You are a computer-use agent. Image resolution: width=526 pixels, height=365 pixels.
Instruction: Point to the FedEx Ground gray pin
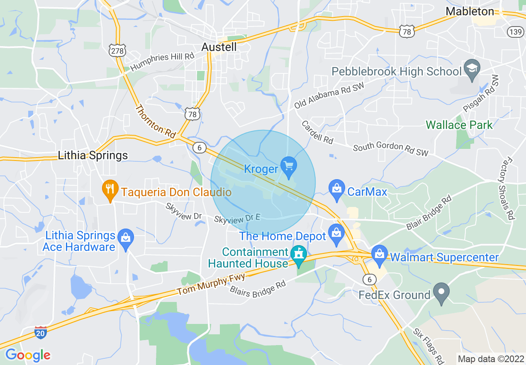[x=441, y=292]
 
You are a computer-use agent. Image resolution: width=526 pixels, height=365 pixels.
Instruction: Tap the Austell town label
[x=219, y=47]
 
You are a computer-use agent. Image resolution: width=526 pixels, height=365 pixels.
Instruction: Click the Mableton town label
[x=470, y=11]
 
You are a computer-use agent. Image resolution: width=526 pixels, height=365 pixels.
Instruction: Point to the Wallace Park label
[x=459, y=125]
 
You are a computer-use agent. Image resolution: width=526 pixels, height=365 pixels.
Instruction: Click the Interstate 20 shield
[x=40, y=333]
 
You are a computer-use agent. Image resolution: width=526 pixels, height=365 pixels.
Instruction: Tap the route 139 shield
[x=516, y=32]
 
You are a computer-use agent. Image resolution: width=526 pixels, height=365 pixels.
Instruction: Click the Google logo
[x=28, y=355]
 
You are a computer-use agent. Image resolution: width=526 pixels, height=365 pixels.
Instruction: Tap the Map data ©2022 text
[x=490, y=358]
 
